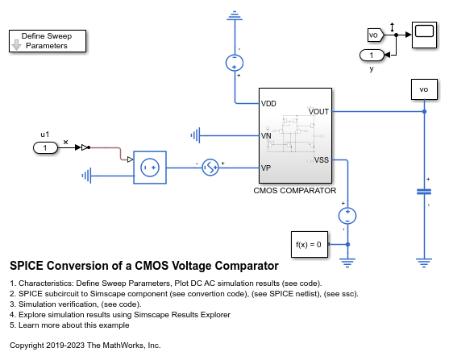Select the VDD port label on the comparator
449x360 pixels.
(268, 103)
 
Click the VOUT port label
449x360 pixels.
(318, 111)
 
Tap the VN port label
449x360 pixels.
(266, 135)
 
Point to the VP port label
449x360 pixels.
(266, 168)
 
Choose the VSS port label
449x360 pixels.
(320, 159)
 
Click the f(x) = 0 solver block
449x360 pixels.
(309, 243)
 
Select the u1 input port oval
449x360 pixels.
(45, 147)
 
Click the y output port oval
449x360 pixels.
(372, 55)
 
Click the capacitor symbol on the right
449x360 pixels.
(423, 192)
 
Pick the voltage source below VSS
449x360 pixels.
(347, 215)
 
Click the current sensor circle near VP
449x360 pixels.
(210, 168)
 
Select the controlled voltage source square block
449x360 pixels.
(149, 168)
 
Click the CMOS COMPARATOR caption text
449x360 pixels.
(293, 191)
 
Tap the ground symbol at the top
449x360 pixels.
(235, 14)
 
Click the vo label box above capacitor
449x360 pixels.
(423, 88)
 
